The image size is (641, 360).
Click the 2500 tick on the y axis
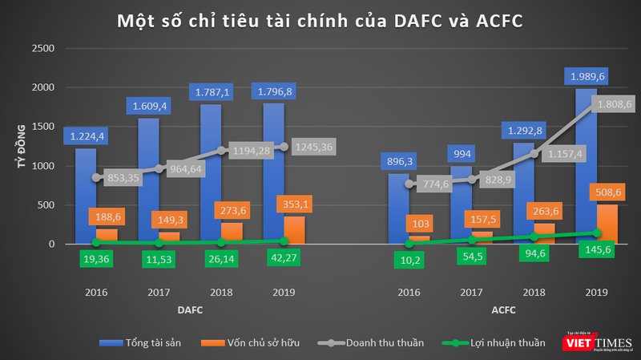pyautogui.click(x=42, y=49)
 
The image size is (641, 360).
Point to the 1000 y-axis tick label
pyautogui.click(x=42, y=166)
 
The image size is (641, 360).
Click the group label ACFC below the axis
pyautogui.click(x=503, y=309)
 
